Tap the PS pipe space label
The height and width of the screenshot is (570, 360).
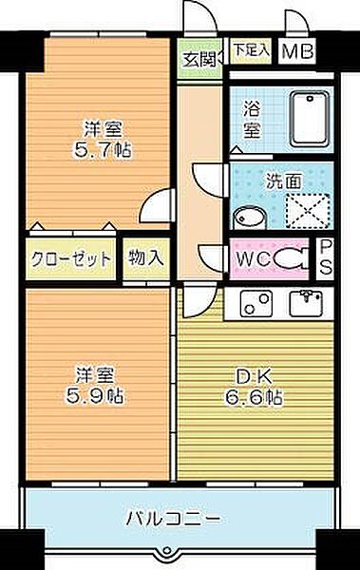325,257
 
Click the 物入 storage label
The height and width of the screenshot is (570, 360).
146,257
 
